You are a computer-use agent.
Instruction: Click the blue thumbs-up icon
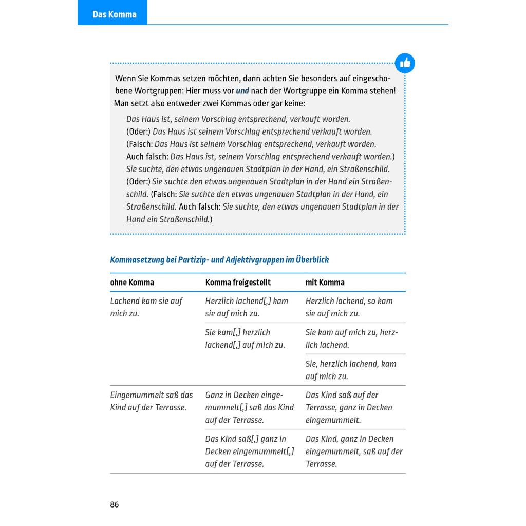(x=405, y=63)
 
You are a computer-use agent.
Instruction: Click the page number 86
(x=114, y=504)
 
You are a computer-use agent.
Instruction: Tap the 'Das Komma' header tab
(x=114, y=14)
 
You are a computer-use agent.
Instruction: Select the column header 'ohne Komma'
(x=132, y=283)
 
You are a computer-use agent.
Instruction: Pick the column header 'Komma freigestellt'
(x=238, y=283)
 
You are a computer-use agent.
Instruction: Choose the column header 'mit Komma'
(x=325, y=283)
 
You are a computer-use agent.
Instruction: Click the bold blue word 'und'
(x=242, y=91)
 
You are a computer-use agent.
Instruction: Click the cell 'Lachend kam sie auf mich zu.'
(x=146, y=307)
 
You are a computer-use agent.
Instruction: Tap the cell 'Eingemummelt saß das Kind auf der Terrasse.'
(x=152, y=401)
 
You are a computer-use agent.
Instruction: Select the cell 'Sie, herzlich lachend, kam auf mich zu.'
(x=351, y=370)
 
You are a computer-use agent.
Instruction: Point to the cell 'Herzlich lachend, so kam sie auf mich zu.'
(x=349, y=307)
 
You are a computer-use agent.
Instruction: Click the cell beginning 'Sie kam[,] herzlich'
(x=245, y=339)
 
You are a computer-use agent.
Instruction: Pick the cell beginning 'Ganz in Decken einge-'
(x=249, y=407)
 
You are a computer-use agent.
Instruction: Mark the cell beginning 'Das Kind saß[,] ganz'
(x=249, y=451)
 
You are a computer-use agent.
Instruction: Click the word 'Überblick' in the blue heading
(x=312, y=260)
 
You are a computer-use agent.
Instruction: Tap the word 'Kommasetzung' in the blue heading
(x=137, y=260)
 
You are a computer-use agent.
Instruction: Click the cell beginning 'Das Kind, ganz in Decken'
(x=354, y=451)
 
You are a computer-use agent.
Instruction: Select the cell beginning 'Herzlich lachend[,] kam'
(x=247, y=307)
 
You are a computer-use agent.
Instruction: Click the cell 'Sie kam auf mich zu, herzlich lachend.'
(x=351, y=339)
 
